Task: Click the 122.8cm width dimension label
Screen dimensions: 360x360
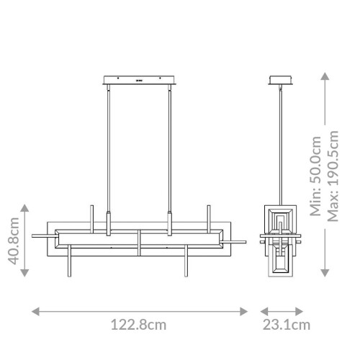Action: (138, 325)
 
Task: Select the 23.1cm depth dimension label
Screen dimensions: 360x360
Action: (285, 325)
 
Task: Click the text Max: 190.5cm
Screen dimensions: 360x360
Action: (333, 176)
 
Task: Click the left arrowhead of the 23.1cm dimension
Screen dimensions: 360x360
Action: (253, 311)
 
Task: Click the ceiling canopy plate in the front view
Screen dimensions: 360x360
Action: (139, 78)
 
